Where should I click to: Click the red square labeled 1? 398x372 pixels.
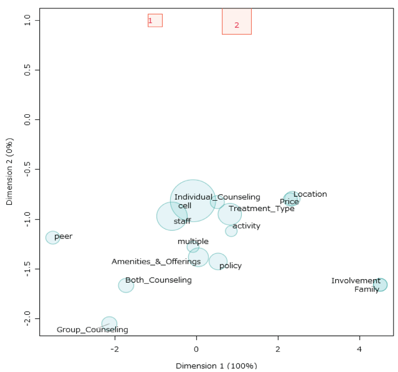(x=155, y=20)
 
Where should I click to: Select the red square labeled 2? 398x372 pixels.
(x=237, y=21)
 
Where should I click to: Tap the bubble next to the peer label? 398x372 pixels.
(x=53, y=237)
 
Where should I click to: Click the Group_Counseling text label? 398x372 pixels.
(x=92, y=330)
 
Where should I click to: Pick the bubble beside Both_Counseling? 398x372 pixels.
(x=126, y=285)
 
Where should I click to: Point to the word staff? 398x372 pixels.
(x=182, y=221)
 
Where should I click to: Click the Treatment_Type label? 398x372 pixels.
(x=262, y=209)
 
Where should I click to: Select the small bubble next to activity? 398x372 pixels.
(x=231, y=231)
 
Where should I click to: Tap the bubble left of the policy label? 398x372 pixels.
(x=218, y=261)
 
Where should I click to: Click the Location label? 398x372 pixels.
(x=310, y=194)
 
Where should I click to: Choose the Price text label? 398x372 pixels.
(x=289, y=202)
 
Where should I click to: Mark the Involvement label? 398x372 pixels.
(x=356, y=281)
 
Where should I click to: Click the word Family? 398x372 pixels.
(x=367, y=289)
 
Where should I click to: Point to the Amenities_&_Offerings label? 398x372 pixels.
(x=156, y=261)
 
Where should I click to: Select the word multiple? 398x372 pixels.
(x=193, y=241)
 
